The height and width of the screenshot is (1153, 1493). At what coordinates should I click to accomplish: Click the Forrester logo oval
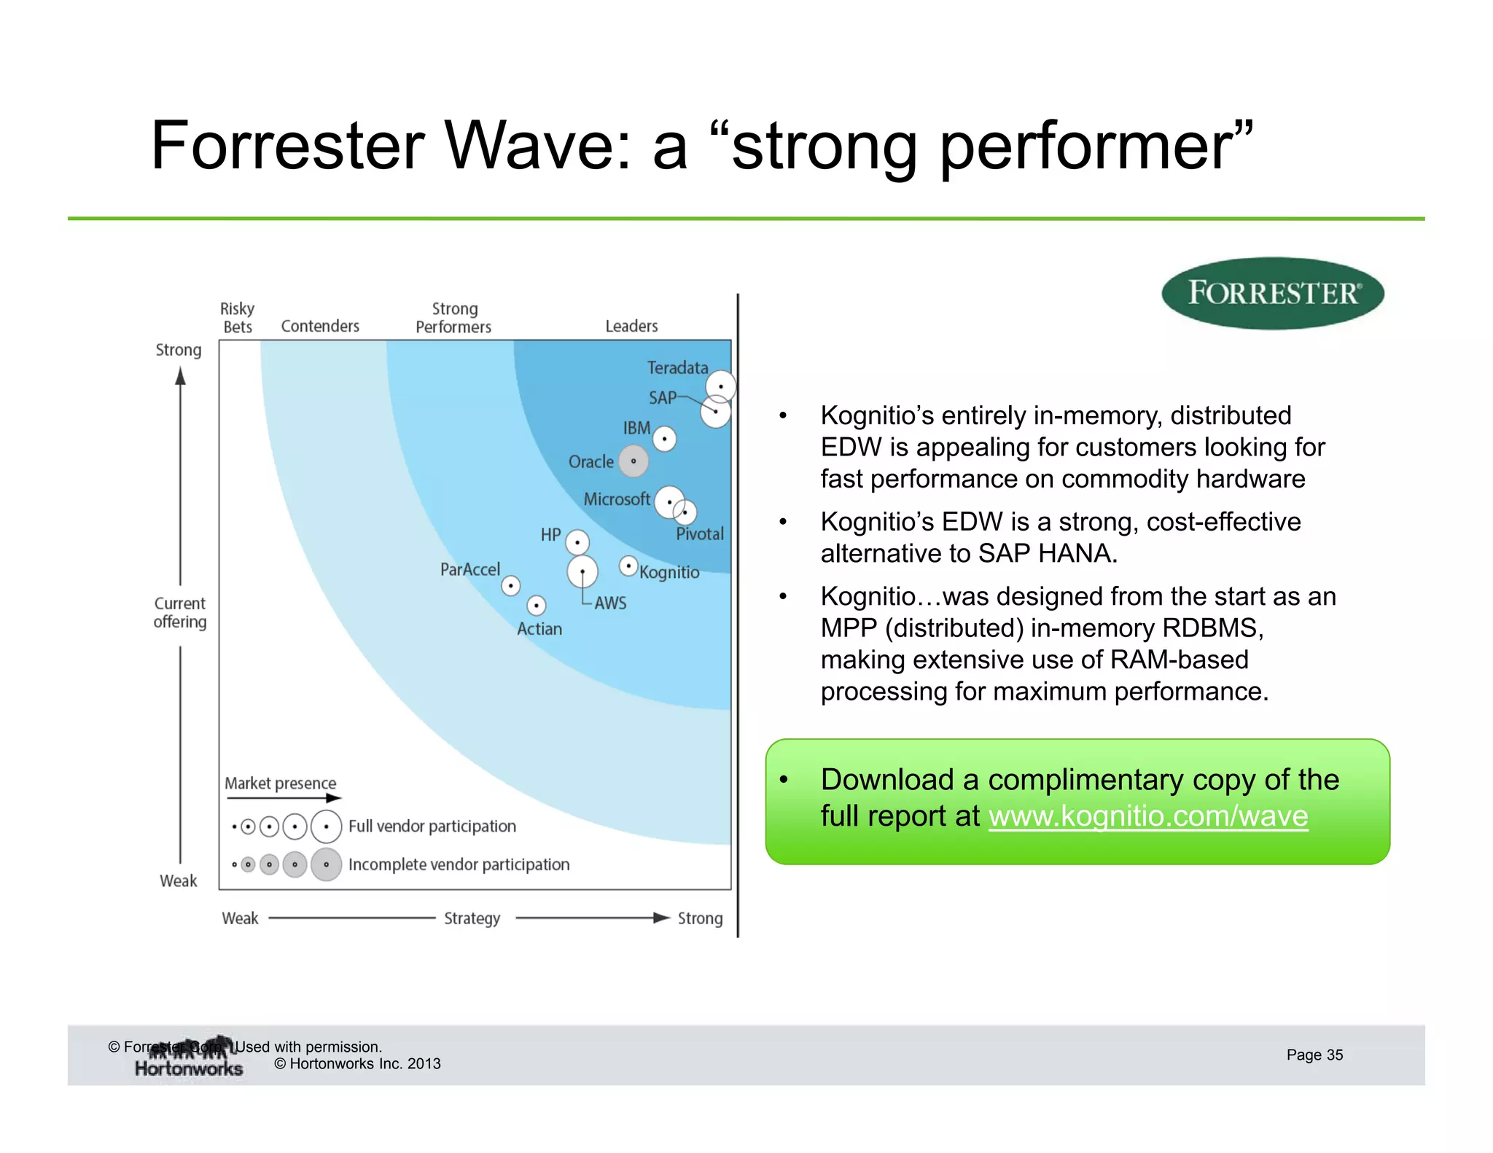tap(1272, 293)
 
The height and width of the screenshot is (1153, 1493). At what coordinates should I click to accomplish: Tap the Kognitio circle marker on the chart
tap(628, 566)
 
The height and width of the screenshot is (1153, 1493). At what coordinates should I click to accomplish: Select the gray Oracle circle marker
tap(634, 461)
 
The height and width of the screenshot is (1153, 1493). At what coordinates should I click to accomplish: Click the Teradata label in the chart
tap(677, 368)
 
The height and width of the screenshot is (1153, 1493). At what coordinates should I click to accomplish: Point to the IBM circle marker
tap(664, 439)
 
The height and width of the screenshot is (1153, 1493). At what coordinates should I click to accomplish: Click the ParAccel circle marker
tap(511, 585)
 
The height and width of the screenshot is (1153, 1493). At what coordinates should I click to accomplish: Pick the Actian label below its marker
tap(539, 629)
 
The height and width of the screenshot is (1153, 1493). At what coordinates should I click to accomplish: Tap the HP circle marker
tap(577, 542)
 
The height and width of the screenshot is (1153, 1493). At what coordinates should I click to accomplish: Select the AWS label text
tap(610, 603)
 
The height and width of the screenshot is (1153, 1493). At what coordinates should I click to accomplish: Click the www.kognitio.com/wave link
tap(1148, 816)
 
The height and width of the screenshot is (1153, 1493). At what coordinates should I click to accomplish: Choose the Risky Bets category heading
tap(238, 318)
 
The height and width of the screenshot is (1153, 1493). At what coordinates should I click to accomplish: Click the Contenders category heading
tap(320, 327)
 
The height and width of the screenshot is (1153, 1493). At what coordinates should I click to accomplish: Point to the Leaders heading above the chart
tap(631, 327)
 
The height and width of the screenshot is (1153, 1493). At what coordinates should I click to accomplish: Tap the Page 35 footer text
tap(1314, 1055)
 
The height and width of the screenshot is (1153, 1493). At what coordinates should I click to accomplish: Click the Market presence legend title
tap(280, 783)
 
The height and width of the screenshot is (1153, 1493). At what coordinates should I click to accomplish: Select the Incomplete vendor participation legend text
tap(459, 865)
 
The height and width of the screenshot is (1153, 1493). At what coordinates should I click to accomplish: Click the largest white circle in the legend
tap(326, 826)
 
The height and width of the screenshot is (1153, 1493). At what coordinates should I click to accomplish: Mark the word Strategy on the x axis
tap(472, 918)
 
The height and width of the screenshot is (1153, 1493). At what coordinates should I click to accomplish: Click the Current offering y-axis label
tap(180, 613)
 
